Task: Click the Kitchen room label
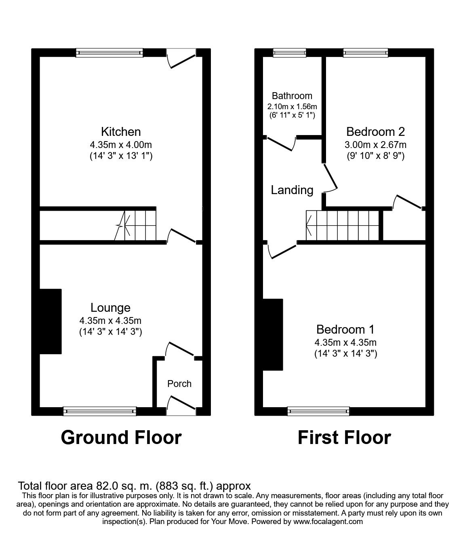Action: [120, 131]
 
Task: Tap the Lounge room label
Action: [110, 308]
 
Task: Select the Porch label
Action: [179, 383]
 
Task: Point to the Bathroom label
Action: [292, 96]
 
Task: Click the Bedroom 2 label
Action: [375, 131]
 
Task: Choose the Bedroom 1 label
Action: [345, 329]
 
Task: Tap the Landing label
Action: [292, 190]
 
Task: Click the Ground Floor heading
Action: [121, 438]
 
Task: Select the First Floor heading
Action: [344, 438]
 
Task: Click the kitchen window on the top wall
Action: [109, 52]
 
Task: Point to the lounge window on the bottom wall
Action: [99, 411]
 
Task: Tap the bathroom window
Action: [289, 52]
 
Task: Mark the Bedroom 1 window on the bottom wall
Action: [318, 411]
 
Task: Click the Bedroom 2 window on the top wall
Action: [365, 52]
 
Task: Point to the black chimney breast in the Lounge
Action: [50, 321]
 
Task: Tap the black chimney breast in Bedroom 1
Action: [273, 334]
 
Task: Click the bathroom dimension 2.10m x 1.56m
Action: [292, 107]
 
